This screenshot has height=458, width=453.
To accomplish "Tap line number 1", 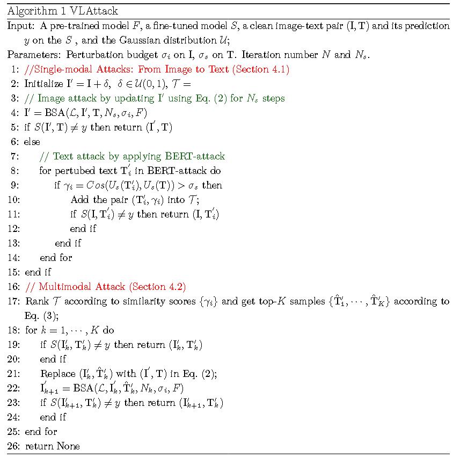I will (x=15, y=69).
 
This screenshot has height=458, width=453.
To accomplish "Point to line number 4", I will (x=15, y=113).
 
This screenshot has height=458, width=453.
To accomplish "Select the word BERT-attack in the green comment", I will (x=198, y=156).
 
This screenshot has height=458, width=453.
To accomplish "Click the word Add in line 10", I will (x=79, y=200).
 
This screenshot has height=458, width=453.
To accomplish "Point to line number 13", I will (x=13, y=243).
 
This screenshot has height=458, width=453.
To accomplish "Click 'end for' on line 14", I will (x=56, y=258).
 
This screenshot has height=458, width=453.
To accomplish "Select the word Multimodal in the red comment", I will (x=65, y=287).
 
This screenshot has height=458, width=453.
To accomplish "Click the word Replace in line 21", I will (x=57, y=374).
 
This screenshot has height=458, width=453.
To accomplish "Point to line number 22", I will (x=13, y=388).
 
